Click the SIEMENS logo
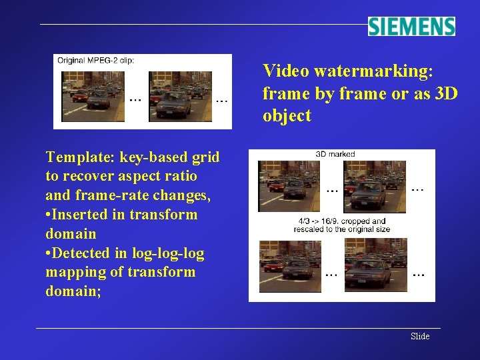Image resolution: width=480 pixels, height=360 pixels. (411, 26)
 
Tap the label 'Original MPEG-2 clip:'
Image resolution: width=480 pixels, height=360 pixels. (96, 60)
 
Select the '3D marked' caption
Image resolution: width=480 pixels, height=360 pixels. (335, 154)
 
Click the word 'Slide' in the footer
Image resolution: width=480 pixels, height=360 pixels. (420, 336)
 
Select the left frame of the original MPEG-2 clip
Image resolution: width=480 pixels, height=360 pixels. (93, 96)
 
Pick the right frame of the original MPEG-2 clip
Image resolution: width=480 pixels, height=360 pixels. (180, 96)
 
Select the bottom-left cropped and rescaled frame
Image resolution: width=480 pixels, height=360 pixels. (289, 265)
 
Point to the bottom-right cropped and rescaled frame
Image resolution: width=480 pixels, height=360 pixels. (374, 265)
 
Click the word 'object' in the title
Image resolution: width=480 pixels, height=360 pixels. (287, 116)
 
